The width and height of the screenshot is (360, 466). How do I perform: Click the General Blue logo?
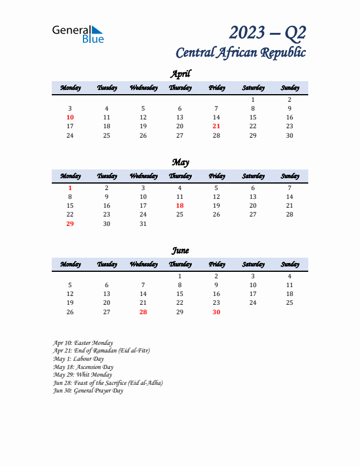coord(78,34)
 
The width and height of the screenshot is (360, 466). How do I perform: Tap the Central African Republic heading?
coord(241,52)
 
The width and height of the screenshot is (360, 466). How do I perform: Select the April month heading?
coord(180,74)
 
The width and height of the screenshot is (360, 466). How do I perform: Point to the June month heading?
coord(180,251)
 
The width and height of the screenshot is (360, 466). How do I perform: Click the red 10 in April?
coord(70,117)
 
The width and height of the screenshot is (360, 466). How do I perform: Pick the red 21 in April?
coord(216,126)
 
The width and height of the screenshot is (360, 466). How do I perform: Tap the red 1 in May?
coord(70,188)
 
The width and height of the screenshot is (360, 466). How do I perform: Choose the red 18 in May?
coord(180,205)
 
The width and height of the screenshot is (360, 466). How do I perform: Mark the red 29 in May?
coord(70,224)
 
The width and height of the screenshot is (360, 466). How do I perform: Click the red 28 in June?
coord(143,312)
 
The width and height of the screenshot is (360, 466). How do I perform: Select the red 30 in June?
coord(216,312)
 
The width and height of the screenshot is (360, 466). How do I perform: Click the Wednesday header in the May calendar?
coord(143,176)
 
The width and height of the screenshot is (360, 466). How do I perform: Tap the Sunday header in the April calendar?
coord(289,88)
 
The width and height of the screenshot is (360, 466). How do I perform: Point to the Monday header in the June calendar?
coord(70,264)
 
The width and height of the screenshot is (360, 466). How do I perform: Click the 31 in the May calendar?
coord(143,224)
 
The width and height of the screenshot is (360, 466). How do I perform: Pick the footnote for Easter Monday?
coord(83,342)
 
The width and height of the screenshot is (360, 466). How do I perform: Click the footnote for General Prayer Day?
coord(88,391)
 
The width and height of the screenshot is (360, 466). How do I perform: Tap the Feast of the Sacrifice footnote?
coord(108,382)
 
